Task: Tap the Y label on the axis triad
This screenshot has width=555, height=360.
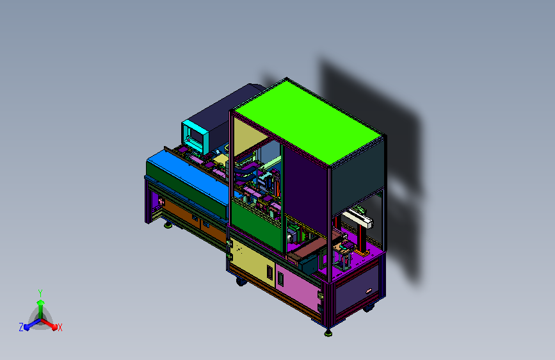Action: pos(40,293)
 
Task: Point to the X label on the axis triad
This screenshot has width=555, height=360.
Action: pos(60,327)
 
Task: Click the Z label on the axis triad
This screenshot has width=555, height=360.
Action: pos(21,327)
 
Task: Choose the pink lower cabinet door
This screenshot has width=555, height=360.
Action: pos(299,286)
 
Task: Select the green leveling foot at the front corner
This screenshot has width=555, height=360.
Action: pos(328,332)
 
